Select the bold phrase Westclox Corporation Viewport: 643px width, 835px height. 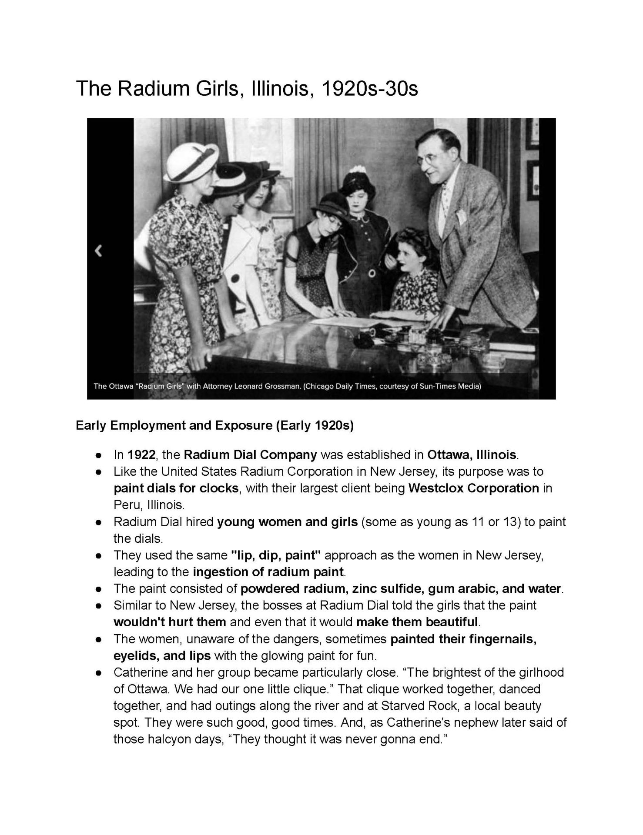473,488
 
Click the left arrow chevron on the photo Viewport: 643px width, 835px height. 99,250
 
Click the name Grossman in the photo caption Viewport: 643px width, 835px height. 281,386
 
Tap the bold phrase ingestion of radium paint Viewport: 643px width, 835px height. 268,572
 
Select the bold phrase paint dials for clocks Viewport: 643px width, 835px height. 176,488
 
